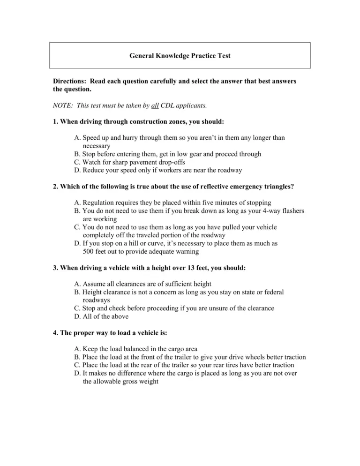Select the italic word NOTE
[63, 105]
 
